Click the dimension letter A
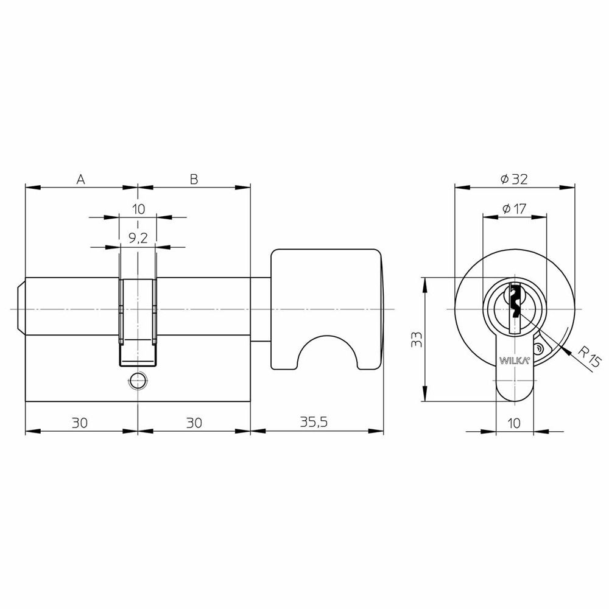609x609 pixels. pyautogui.click(x=80, y=179)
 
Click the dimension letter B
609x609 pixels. pyautogui.click(x=194, y=179)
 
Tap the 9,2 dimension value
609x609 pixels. pyautogui.click(x=138, y=238)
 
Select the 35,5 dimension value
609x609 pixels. pyautogui.click(x=314, y=422)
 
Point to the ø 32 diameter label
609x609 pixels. pyautogui.click(x=514, y=179)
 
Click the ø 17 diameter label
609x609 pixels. pyautogui.click(x=514, y=209)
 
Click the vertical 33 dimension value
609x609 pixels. pyautogui.click(x=417, y=339)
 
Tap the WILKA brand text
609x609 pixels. pyautogui.click(x=514, y=361)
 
